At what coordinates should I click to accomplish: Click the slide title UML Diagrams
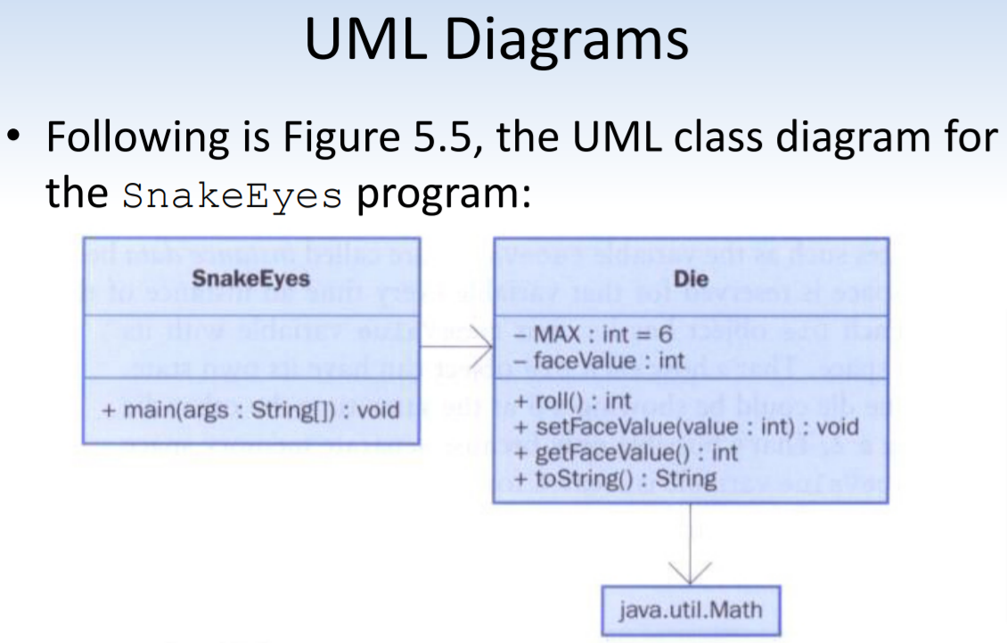(496, 40)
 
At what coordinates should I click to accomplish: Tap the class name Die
(691, 278)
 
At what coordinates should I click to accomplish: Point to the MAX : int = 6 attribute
(594, 338)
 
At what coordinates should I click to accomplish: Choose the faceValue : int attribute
(599, 361)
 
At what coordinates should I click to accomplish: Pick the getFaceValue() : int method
(626, 453)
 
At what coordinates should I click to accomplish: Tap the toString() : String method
(616, 479)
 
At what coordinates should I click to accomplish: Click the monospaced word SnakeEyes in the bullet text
(233, 194)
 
